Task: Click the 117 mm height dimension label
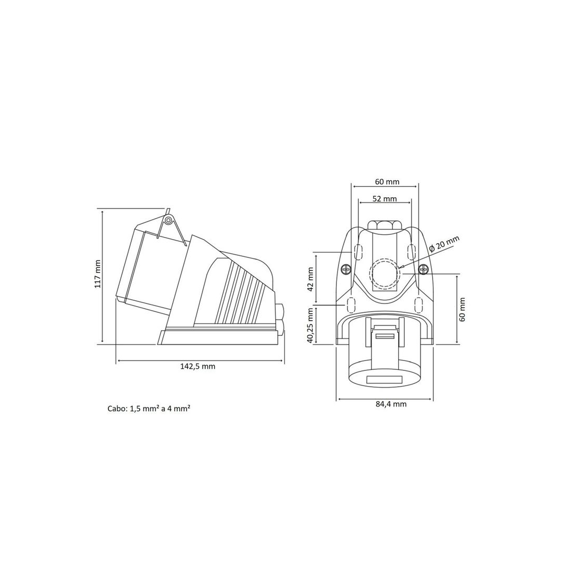[x=97, y=274]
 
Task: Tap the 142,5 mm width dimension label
[x=198, y=366]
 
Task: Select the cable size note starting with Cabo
[x=149, y=409]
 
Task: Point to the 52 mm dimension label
[x=385, y=199]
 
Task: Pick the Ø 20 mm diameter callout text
[x=445, y=244]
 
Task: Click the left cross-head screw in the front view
[x=346, y=269]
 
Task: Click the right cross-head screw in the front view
[x=423, y=269]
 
